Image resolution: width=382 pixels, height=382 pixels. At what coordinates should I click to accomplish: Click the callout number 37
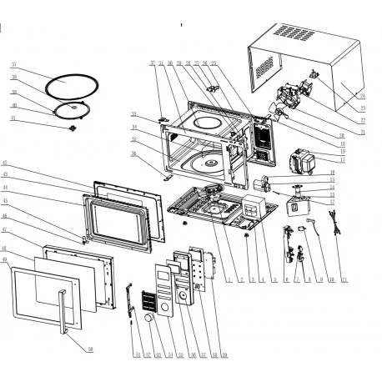(x=14, y=64)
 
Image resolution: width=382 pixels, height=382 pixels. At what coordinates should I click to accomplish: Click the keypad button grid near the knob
(x=151, y=299)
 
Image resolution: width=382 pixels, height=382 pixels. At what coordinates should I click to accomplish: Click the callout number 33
(x=133, y=114)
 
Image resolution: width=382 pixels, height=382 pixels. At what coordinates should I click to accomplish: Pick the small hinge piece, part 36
(x=165, y=177)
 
